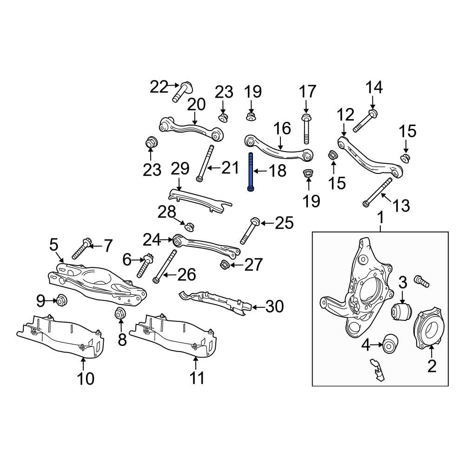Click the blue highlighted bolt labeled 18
(x=251, y=172)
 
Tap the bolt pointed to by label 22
(x=183, y=92)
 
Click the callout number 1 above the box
(x=380, y=217)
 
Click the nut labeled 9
(x=61, y=301)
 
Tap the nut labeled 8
(x=119, y=314)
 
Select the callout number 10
(x=85, y=378)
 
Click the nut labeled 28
(x=189, y=226)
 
